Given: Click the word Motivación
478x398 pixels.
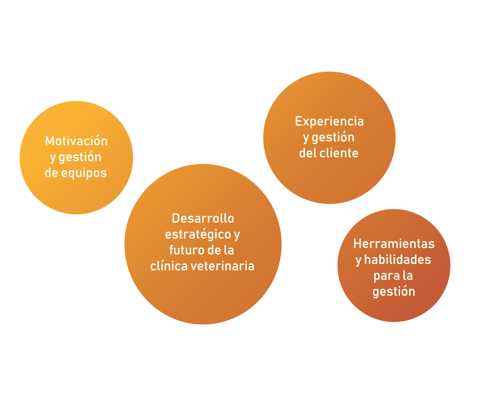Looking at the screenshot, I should click(x=76, y=141).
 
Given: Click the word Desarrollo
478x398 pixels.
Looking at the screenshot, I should click(x=203, y=218).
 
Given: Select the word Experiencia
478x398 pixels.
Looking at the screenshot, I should click(x=329, y=121).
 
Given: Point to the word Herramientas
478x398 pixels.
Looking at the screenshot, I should click(x=393, y=244).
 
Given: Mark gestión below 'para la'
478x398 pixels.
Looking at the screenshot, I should click(x=393, y=291).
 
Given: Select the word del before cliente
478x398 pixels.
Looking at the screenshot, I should click(x=308, y=153).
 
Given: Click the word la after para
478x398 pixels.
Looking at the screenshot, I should click(x=408, y=275).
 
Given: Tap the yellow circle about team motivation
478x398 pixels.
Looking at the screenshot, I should click(x=76, y=194).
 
